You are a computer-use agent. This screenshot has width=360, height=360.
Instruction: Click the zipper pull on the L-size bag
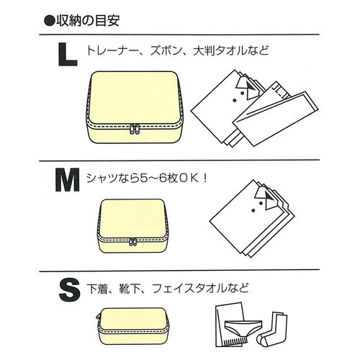coord(134,131)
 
